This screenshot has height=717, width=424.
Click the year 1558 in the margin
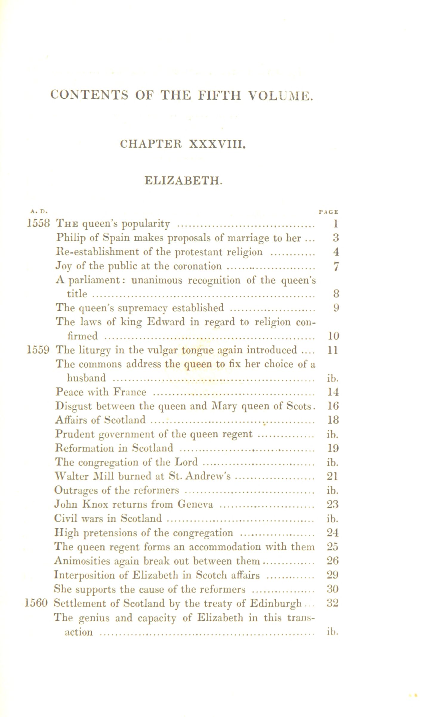38,223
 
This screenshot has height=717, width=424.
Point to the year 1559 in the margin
38,350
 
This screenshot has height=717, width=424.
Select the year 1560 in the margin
36,603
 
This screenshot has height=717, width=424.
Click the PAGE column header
328,212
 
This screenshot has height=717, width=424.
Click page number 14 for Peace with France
332,392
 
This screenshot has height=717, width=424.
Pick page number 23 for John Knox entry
332,505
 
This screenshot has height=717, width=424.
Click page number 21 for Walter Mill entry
332,476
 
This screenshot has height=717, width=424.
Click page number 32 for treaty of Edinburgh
332,603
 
